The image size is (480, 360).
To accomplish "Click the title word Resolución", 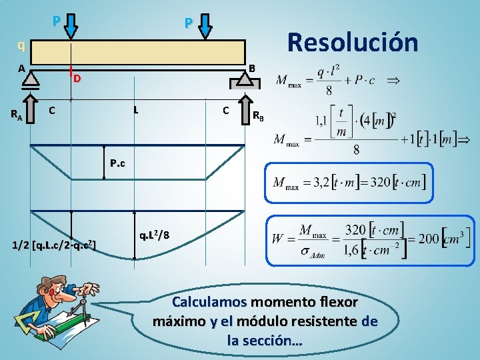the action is point(352,42).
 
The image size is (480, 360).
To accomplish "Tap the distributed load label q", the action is point(22,46).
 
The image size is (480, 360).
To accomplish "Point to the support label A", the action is point(22,68).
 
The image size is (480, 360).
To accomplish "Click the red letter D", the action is point(77,79).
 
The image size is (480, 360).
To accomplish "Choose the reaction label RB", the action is point(259,118).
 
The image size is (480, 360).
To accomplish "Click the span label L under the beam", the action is point(135,109).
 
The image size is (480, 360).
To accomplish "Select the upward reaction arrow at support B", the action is point(245,107).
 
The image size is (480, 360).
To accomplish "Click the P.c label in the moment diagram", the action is point(118,162).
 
